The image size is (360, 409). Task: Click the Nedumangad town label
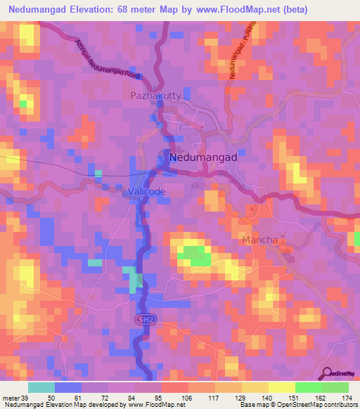point(202,158)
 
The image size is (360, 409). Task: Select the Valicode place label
point(147,192)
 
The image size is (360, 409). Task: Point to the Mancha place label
point(259,240)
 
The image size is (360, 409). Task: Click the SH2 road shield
point(141,319)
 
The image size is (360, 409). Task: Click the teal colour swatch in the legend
point(41,387)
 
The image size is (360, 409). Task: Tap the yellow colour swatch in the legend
point(282,387)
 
